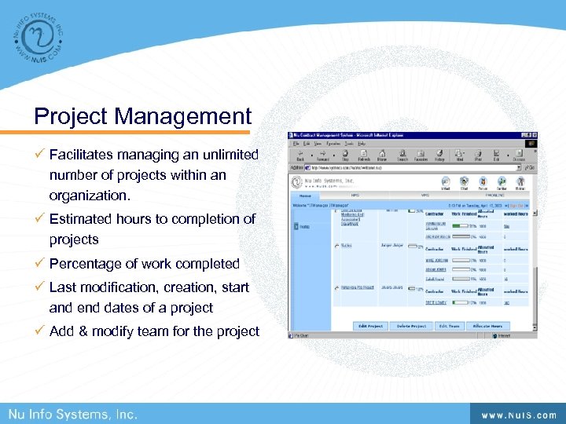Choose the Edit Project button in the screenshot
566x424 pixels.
click(x=370, y=326)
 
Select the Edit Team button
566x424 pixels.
click(x=449, y=326)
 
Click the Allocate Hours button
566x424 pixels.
click(x=488, y=326)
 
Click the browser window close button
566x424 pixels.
click(x=535, y=137)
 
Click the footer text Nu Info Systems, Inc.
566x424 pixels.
click(x=73, y=414)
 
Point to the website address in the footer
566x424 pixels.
click(x=519, y=415)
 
